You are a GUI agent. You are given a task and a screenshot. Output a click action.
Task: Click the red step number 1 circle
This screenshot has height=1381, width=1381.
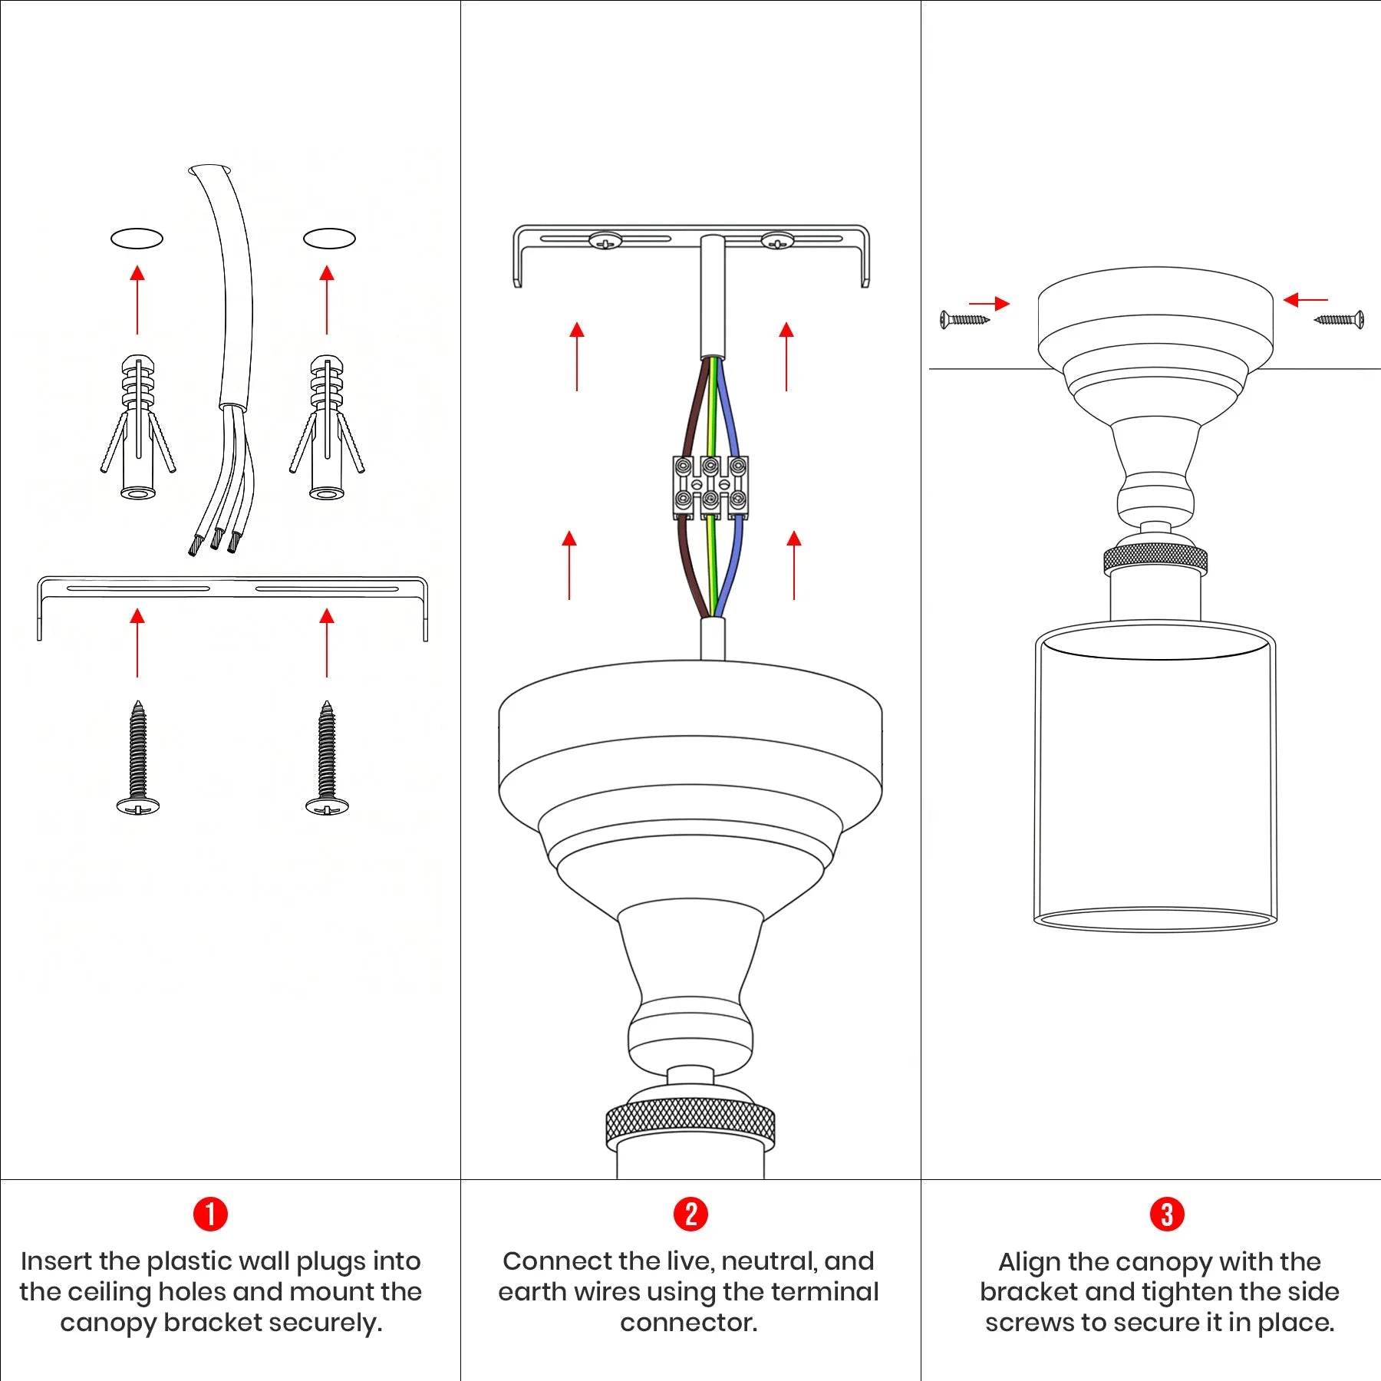[x=210, y=1215]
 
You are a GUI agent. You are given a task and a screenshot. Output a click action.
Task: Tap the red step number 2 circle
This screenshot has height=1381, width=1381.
[x=690, y=1215]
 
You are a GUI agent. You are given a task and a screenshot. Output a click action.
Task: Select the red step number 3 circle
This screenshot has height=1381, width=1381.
[x=1167, y=1215]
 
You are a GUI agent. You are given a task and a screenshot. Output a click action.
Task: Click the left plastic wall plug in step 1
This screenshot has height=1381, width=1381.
[x=138, y=427]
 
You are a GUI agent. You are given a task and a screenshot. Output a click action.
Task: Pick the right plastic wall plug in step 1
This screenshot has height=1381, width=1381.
[x=327, y=427]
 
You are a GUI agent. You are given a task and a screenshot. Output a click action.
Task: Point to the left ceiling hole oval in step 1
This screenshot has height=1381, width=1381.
[x=137, y=239]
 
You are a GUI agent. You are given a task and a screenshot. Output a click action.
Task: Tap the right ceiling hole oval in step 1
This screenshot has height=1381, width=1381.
[x=329, y=239]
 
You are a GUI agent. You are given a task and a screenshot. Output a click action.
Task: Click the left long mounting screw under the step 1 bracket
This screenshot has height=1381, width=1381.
[x=138, y=757]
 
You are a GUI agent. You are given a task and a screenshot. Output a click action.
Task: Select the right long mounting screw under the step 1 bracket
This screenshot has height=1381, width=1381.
[x=327, y=757]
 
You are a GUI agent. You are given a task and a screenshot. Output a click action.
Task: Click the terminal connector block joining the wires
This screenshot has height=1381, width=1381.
[x=710, y=486]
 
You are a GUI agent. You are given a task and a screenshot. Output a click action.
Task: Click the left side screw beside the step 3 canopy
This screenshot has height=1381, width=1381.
[x=964, y=319]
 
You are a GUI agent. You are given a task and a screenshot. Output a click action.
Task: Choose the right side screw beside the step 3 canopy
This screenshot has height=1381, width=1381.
[x=1339, y=319]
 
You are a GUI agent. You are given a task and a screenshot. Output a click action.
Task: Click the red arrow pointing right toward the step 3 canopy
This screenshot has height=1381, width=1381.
[x=990, y=303]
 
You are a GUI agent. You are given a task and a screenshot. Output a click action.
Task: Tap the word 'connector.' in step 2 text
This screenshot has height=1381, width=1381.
[x=688, y=1323]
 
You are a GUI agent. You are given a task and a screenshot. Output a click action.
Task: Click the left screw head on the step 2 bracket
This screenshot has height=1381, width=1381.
[x=605, y=242]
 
